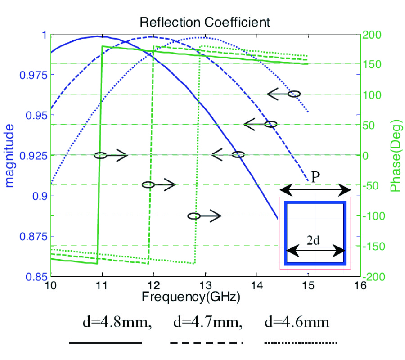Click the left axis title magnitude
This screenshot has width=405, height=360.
coord(10,156)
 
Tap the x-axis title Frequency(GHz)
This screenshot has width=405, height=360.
coord(191,297)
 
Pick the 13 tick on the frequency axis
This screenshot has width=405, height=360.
coord(206,286)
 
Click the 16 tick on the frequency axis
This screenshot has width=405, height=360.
coord(360,286)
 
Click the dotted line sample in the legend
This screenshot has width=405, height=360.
coord(301,343)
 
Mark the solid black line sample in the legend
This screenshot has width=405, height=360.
coord(105,343)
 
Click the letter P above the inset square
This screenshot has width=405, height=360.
coord(316,178)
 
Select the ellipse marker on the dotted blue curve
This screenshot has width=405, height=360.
coord(294,94)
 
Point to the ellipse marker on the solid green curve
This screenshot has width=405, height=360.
coord(101,156)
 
